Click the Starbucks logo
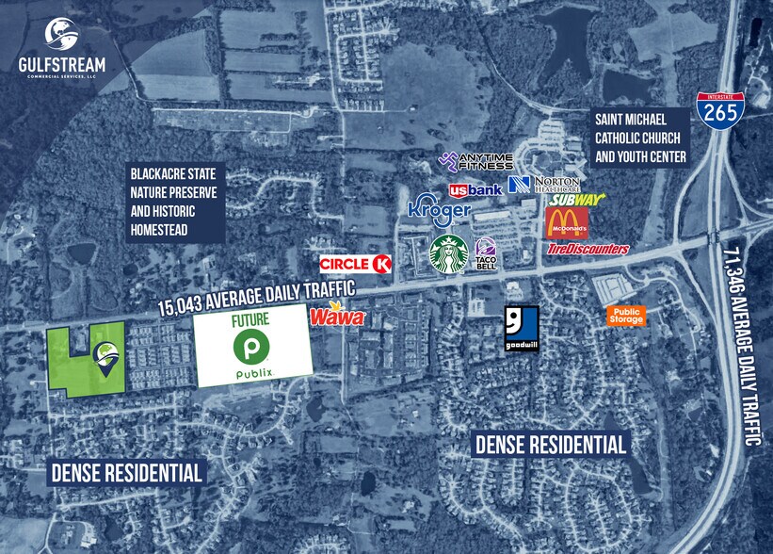point(449,253)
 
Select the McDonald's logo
point(567,223)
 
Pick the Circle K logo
point(356,264)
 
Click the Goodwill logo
point(522,328)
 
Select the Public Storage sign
point(626,316)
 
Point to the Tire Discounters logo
point(588,249)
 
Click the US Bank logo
point(475,189)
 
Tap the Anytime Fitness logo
point(476,161)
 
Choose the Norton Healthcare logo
point(544,183)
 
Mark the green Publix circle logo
point(254,347)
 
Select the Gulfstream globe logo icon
point(63,35)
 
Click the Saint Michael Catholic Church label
point(640,138)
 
